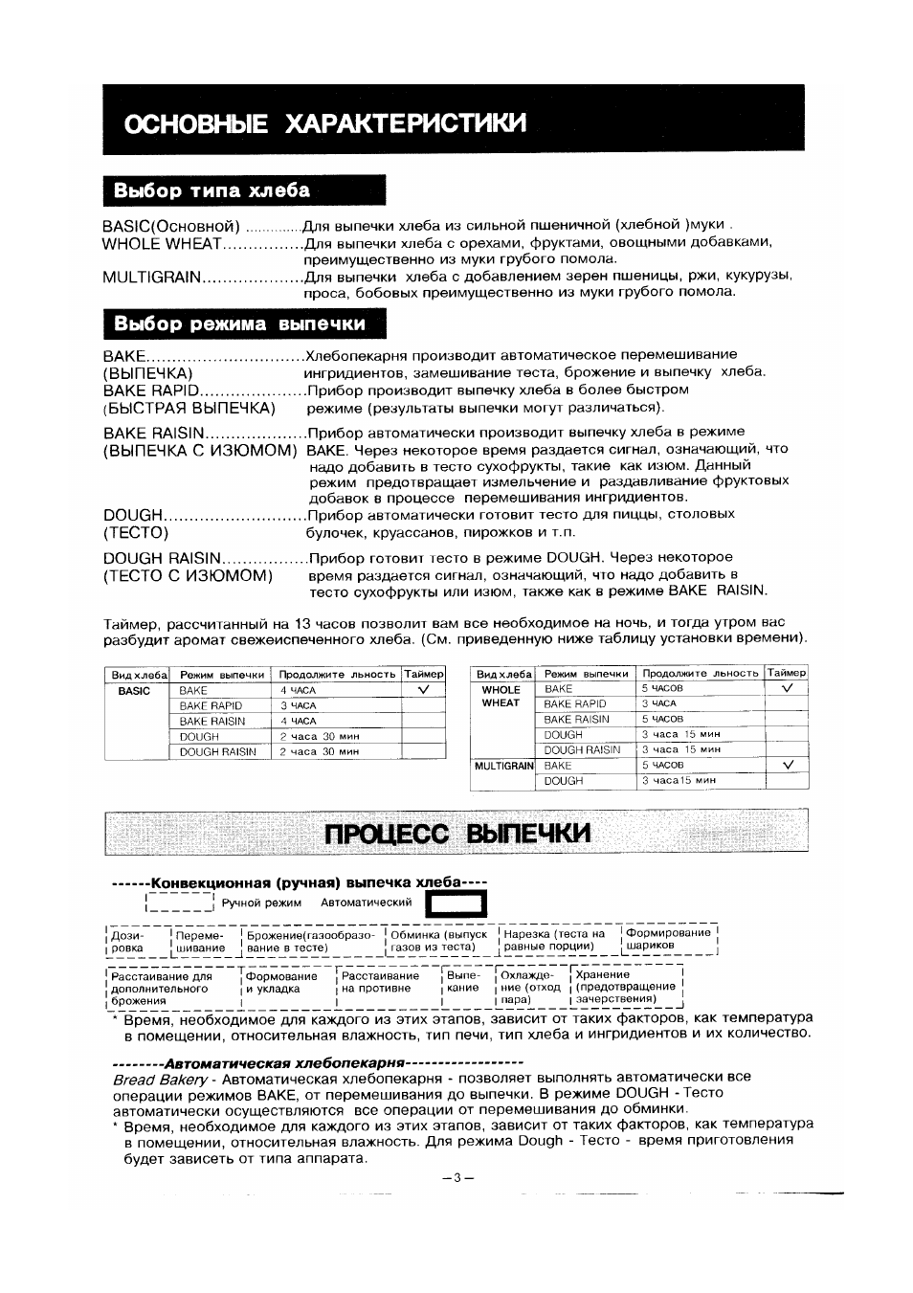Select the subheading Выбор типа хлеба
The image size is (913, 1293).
tap(212, 189)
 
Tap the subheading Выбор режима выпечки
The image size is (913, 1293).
tap(239, 323)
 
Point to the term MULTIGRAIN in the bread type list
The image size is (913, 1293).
tap(152, 278)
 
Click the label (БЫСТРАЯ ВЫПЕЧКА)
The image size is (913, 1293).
tap(189, 409)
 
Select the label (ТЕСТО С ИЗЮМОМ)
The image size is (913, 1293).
tap(189, 575)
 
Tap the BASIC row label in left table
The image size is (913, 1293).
tap(135, 690)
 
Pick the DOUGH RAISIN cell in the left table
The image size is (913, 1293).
tap(218, 752)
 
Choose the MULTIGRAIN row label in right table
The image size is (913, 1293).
tap(503, 766)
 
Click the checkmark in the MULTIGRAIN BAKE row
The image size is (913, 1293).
tap(788, 765)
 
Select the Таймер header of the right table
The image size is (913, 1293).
tap(787, 673)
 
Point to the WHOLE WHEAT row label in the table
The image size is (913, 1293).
tap(501, 696)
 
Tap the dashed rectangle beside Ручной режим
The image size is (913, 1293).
tap(180, 903)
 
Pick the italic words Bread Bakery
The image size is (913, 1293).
tap(160, 1079)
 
